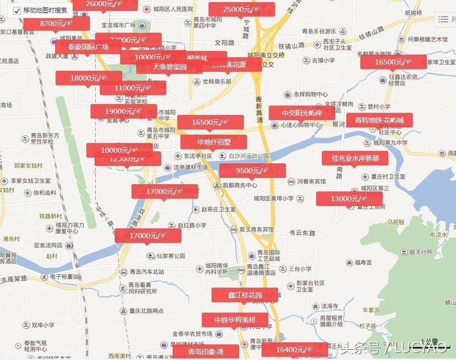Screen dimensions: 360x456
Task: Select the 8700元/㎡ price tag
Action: coord(55,23)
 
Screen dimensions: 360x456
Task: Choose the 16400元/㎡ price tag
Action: coord(294,349)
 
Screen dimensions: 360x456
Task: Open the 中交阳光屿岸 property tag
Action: coord(302,113)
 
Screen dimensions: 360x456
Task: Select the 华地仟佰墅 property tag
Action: coord(214,142)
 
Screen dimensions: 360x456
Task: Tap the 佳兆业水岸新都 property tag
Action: coord(355,157)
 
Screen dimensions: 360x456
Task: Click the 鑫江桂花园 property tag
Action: coord(245,295)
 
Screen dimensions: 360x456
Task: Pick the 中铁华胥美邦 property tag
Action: coord(235,319)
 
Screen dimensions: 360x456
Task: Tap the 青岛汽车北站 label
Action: coord(146,272)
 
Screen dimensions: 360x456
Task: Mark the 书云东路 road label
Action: coord(302,233)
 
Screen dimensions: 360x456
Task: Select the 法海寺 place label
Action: coord(329,306)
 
